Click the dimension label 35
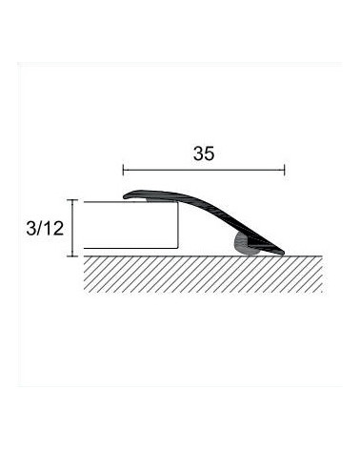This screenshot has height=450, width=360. (x=204, y=153)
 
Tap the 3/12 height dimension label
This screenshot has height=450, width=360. (x=45, y=228)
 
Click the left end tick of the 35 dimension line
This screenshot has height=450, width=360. (x=123, y=170)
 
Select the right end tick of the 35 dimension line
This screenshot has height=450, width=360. (x=285, y=170)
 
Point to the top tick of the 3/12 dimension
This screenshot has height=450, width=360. (x=73, y=200)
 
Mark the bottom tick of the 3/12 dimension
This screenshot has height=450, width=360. (x=73, y=256)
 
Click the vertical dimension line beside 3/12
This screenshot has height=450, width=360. (x=73, y=228)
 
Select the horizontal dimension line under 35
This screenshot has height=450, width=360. (x=204, y=170)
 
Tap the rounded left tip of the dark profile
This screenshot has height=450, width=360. (x=125, y=196)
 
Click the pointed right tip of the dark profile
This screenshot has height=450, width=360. (x=283, y=253)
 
